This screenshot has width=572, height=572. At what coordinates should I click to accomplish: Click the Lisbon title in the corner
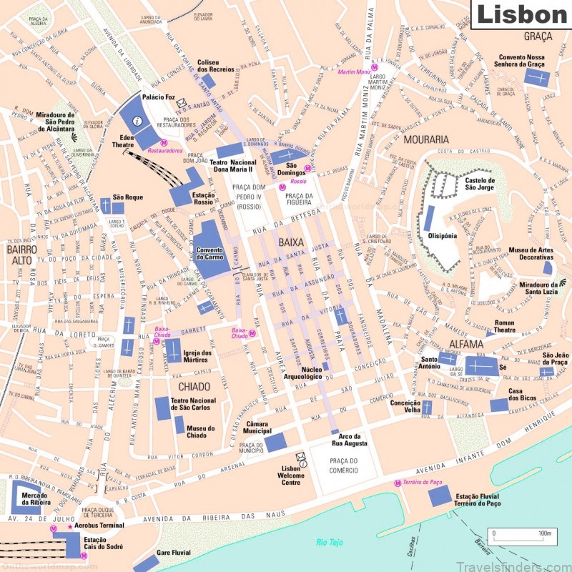tap(521, 14)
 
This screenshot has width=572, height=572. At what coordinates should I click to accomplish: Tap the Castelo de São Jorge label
tap(480, 184)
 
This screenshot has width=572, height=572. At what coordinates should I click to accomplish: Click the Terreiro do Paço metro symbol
tap(398, 484)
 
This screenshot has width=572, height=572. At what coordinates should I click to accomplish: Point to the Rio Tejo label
tap(330, 542)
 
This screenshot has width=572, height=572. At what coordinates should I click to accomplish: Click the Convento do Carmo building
tap(212, 247)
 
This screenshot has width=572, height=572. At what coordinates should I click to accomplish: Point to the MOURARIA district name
tap(426, 139)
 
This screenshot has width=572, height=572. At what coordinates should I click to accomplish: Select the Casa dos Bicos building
tap(499, 405)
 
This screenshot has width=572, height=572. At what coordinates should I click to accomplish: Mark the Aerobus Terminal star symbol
tap(69, 526)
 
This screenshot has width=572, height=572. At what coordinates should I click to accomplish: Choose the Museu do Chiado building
tap(179, 424)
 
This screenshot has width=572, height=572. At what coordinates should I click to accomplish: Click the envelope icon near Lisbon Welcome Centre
tap(301, 456)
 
